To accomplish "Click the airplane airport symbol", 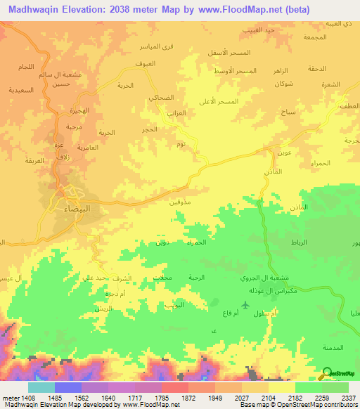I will click(x=245, y=304).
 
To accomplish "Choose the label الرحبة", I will click(x=196, y=278).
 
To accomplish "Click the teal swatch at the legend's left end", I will click(x=41, y=387).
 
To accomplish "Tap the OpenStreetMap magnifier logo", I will click(x=326, y=373).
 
